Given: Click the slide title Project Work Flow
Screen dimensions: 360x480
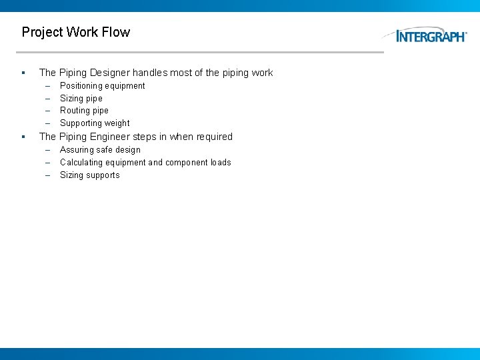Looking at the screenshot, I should pos(75,32).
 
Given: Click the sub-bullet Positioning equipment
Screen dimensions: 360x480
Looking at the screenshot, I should pos(102,86).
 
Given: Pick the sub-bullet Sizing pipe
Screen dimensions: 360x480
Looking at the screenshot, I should pos(81,99).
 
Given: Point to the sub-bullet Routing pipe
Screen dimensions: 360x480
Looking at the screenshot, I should pos(84,111).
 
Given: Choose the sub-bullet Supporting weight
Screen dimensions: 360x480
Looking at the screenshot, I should pos(95,123).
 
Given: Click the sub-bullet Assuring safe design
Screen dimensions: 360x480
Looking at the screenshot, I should pos(100,150).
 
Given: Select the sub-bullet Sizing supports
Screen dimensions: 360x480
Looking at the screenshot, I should pos(90,175).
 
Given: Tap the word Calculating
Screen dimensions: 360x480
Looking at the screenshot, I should pos(82,163).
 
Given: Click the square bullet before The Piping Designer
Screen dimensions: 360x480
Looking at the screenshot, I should pos(23,73).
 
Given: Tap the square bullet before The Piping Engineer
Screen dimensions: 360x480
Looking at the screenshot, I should pos(23,137).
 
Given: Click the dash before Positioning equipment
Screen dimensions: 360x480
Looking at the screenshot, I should pos(48,86).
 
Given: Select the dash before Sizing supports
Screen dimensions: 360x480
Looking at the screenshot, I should pos(48,175).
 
